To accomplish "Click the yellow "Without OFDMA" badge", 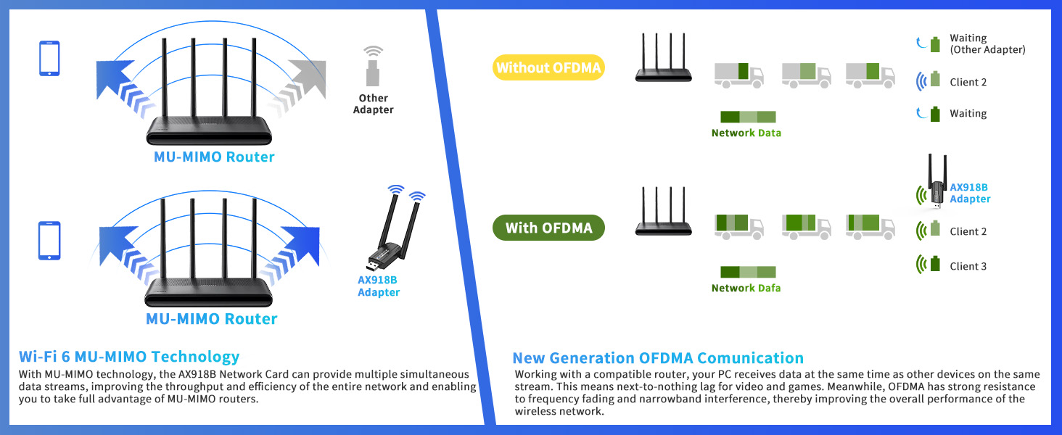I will tap(549, 68).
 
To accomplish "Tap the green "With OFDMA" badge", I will tap(548, 228).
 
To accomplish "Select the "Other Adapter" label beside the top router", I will tap(373, 104).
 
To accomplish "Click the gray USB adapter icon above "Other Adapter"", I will tap(374, 68).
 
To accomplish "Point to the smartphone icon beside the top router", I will tap(49, 59).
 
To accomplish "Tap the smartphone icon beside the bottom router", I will tap(49, 240).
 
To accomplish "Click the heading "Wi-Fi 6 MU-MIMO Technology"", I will tap(129, 357).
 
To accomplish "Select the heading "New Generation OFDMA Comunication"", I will tap(658, 358).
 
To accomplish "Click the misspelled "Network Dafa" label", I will tap(746, 288).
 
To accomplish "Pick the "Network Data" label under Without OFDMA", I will tap(746, 133).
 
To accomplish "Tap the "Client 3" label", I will tap(968, 266).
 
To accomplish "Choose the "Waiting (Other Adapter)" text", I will tap(987, 43).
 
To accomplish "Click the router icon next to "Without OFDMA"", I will tap(662, 58).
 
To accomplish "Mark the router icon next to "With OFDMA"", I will tap(662, 212).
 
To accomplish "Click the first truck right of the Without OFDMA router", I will tap(738, 74).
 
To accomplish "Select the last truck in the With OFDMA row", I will tap(870, 226).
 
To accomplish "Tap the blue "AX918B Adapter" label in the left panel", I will tap(379, 286).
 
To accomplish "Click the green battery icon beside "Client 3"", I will tap(935, 264).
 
